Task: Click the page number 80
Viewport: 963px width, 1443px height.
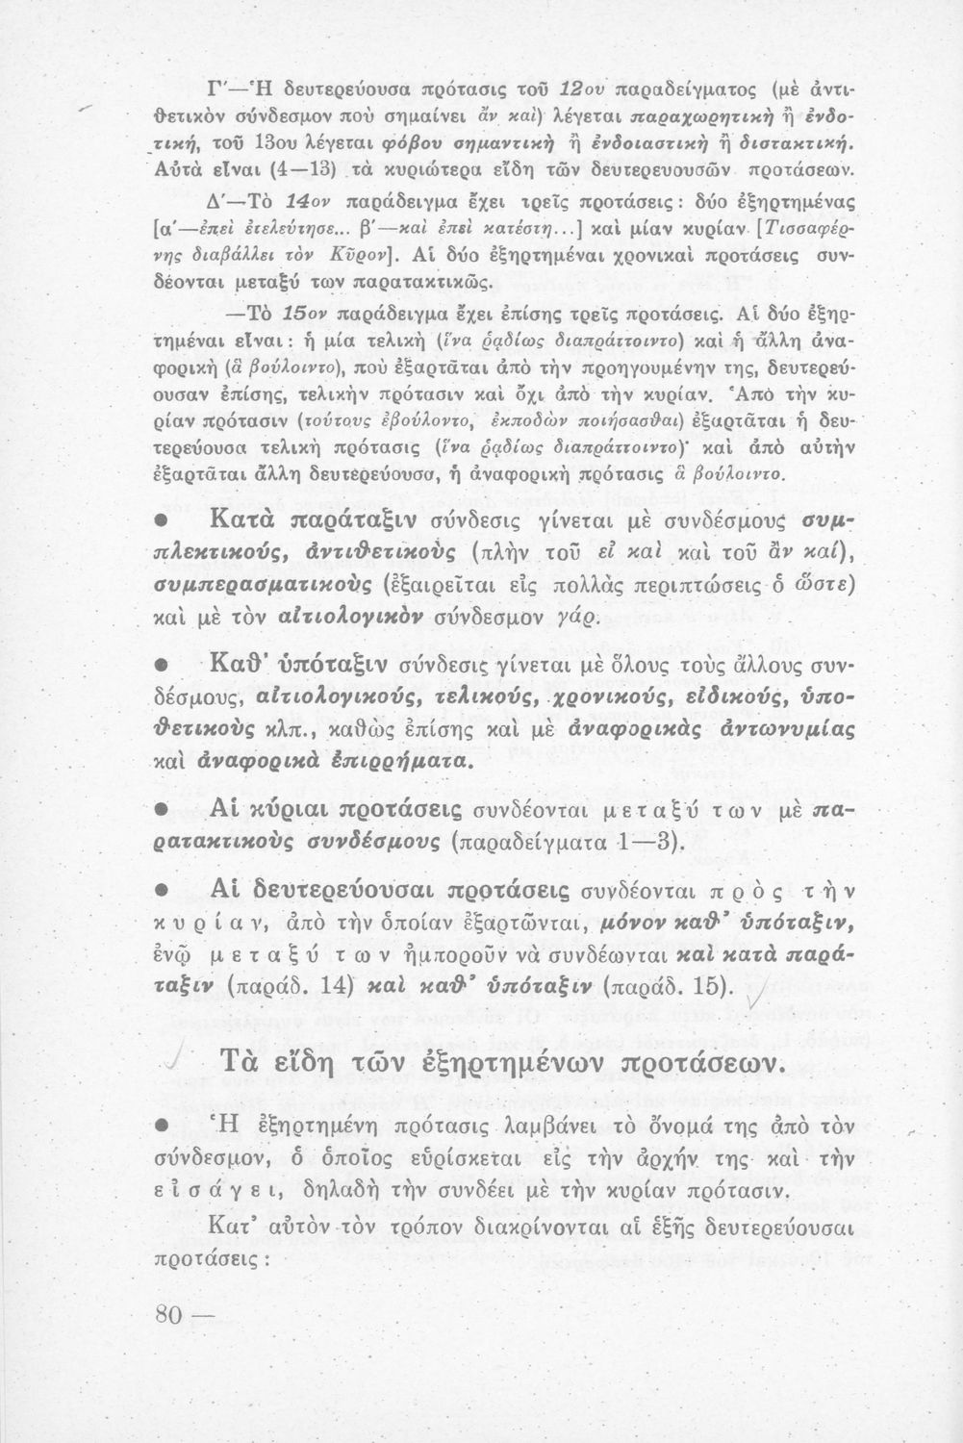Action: click(172, 1314)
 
